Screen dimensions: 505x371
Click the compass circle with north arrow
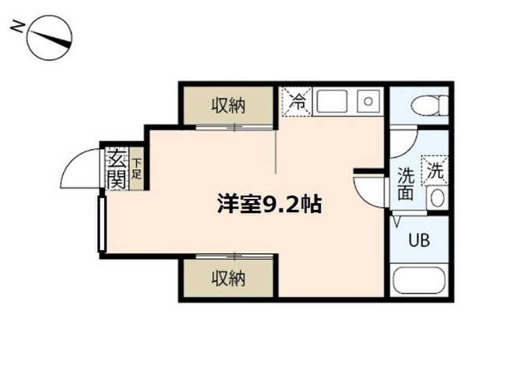tap(50, 38)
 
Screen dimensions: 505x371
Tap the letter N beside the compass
tap(17, 27)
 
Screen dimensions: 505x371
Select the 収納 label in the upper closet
tap(228, 105)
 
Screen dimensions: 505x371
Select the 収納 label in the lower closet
tap(228, 278)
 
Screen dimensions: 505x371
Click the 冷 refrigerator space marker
tap(297, 102)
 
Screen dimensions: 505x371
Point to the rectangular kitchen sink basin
tap(332, 102)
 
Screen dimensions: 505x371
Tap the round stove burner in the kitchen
tap(368, 102)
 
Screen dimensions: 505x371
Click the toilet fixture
tap(429, 105)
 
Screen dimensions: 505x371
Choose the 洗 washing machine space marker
tap(435, 171)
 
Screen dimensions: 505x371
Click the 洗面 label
tap(406, 184)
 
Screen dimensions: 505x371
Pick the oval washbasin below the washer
tap(437, 198)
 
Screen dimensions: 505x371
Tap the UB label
tap(419, 240)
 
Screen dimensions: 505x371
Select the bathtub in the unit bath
tap(419, 280)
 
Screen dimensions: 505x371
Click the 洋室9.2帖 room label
tap(269, 204)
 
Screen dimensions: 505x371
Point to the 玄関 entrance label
tap(116, 169)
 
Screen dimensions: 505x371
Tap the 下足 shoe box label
tap(137, 169)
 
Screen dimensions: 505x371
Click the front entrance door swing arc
tap(69, 161)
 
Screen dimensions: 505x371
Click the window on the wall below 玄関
tap(102, 224)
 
